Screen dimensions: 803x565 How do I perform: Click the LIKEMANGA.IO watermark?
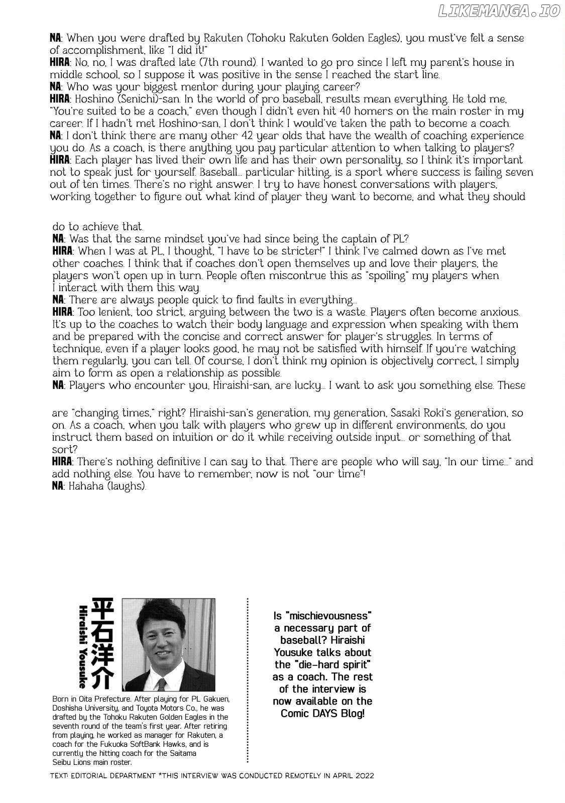click(499, 12)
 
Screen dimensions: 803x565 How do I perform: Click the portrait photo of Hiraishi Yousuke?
click(168, 644)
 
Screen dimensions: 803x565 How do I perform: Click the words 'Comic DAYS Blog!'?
click(322, 713)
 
